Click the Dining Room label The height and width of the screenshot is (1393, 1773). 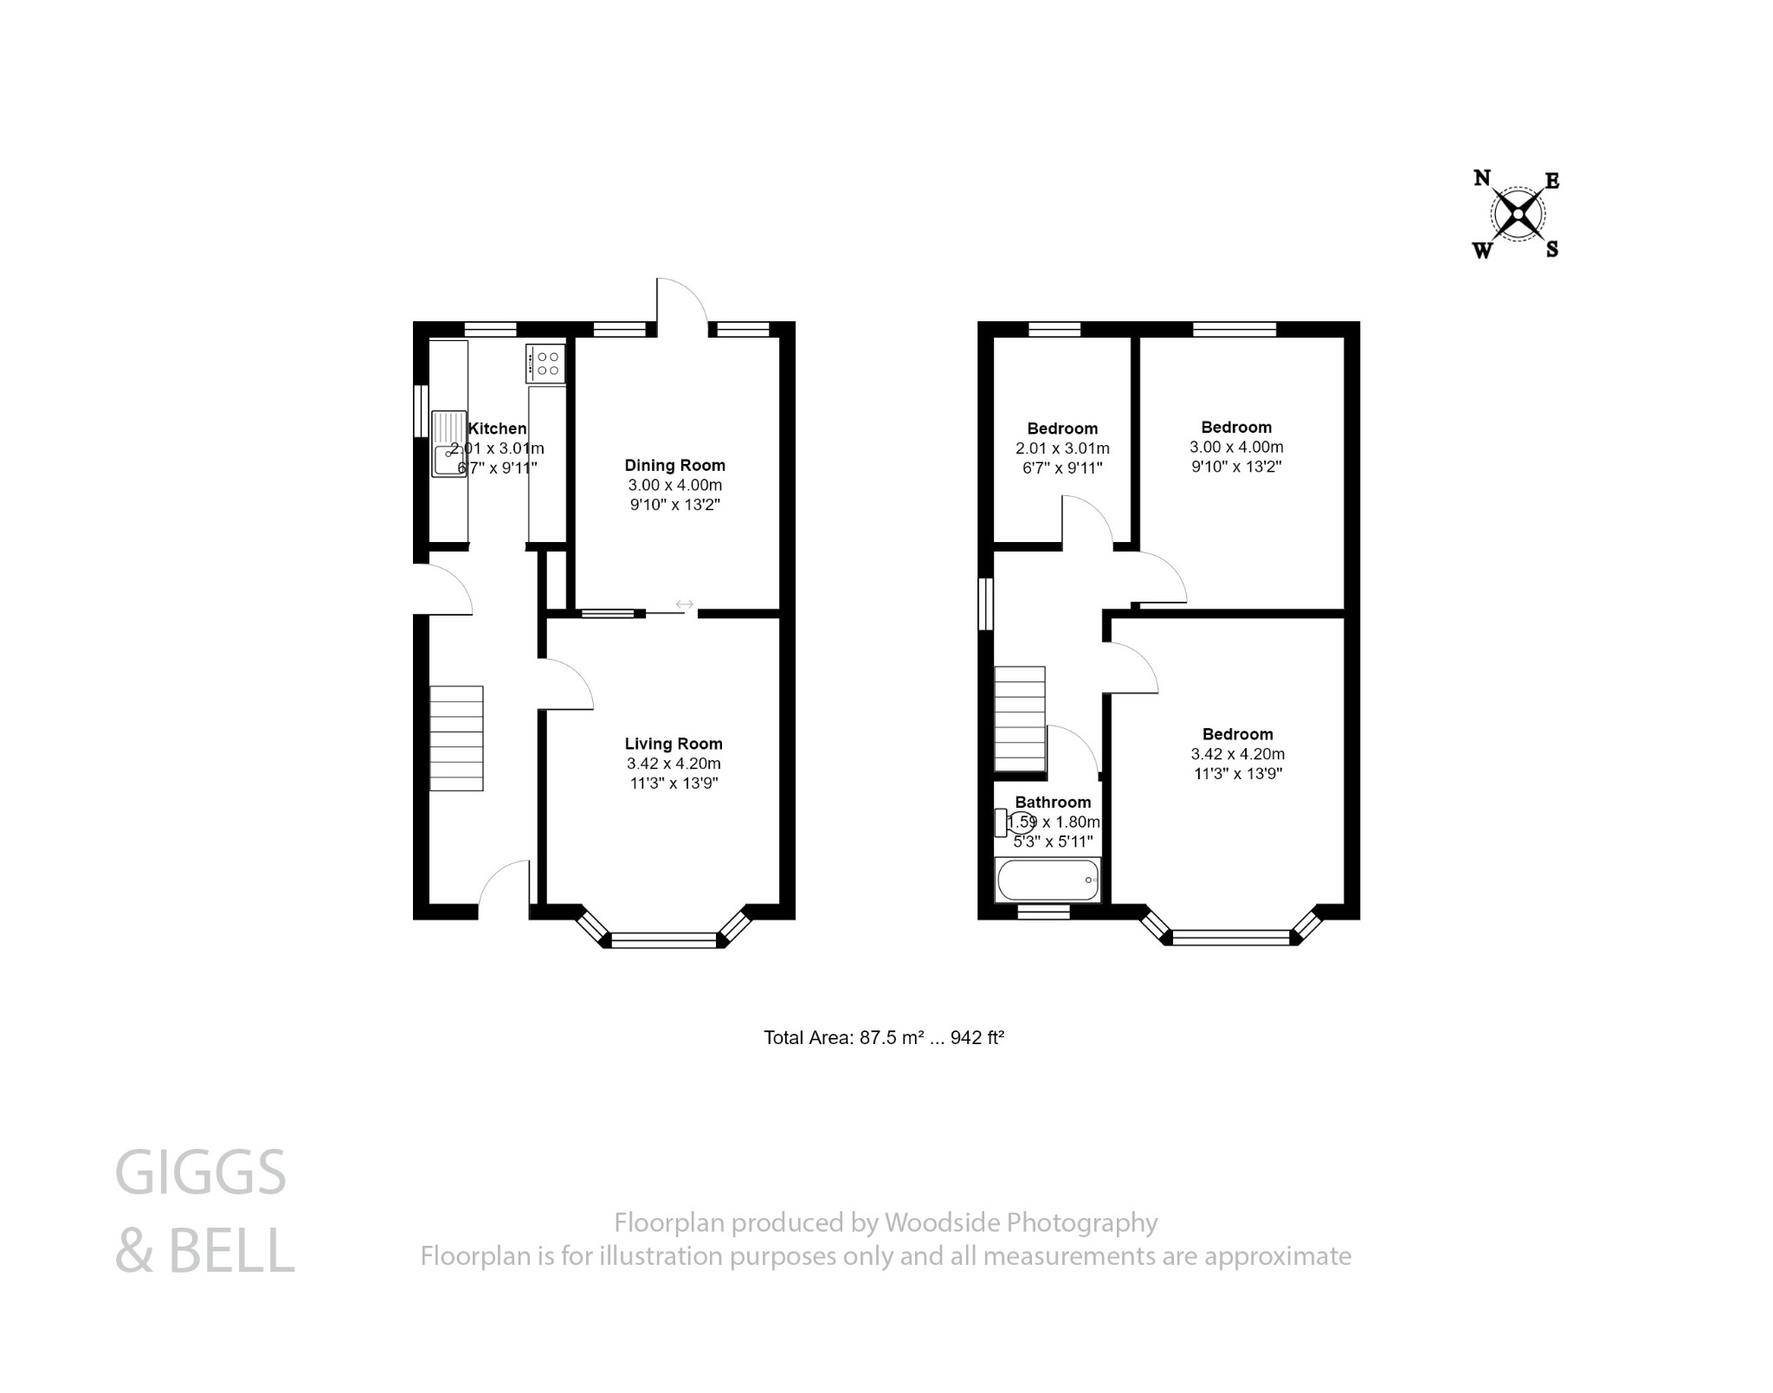[x=674, y=465]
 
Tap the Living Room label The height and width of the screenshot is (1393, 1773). [x=674, y=744]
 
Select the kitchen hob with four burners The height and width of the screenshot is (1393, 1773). [x=545, y=364]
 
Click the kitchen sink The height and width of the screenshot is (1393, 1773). [x=449, y=443]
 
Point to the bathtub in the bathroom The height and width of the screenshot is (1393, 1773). [x=1048, y=880]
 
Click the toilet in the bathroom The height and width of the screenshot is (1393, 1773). [x=1014, y=822]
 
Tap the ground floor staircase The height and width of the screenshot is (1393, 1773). [x=456, y=738]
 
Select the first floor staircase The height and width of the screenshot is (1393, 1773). [x=1020, y=718]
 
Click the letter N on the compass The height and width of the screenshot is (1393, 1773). [x=1481, y=178]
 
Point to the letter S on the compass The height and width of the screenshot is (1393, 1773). [x=1552, y=250]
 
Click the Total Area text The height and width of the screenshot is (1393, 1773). [x=883, y=1037]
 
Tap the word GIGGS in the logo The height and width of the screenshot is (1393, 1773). [x=200, y=1173]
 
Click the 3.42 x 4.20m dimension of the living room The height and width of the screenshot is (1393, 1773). [x=674, y=764]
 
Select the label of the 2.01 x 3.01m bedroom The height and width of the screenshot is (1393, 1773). [x=1062, y=429]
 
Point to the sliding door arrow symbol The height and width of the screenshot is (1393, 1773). [x=684, y=603]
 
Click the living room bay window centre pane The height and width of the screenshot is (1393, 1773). [x=664, y=939]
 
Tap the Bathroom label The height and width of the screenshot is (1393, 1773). [x=1053, y=802]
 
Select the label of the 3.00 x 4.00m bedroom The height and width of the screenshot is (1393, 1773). [x=1236, y=427]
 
